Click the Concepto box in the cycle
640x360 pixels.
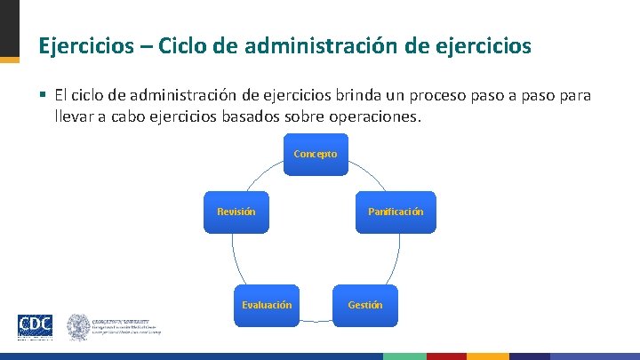click(x=316, y=154)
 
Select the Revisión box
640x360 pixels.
click(x=236, y=212)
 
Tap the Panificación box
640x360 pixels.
click(x=396, y=212)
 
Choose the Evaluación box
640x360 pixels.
click(x=267, y=304)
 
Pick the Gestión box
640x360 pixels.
click(x=365, y=304)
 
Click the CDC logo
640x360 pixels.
click(x=35, y=325)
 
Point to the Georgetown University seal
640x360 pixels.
click(x=79, y=326)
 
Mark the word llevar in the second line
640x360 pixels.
click(x=74, y=117)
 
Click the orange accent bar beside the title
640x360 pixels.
click(x=9, y=60)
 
